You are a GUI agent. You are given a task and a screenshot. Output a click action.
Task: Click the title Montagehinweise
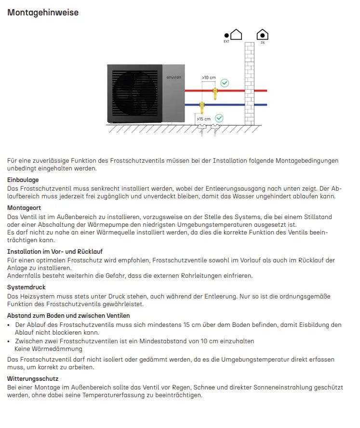[43, 13]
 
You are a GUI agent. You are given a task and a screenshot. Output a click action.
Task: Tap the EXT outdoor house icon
[236, 35]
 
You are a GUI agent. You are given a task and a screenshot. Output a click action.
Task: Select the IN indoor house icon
[262, 35]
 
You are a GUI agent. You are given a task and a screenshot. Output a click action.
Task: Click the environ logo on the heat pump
[173, 77]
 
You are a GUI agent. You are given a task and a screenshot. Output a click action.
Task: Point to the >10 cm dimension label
[209, 78]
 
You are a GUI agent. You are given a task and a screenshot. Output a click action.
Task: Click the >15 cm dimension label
[203, 118]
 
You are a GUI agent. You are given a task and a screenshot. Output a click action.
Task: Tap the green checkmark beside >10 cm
[225, 83]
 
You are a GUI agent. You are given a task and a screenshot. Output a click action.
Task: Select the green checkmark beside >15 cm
[219, 117]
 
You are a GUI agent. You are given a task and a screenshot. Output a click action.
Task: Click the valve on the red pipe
[215, 91]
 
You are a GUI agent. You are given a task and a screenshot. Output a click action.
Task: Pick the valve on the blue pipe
[201, 105]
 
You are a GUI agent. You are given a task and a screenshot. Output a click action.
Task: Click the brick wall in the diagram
[249, 84]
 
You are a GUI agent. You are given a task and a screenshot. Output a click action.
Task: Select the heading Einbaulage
[23, 180]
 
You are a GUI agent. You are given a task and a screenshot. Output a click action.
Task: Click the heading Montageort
[24, 208]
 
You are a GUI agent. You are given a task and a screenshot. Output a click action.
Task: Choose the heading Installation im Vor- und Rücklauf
[54, 251]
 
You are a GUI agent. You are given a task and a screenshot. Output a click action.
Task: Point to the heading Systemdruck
[27, 287]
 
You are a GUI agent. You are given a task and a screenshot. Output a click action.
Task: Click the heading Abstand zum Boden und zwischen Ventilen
[68, 316]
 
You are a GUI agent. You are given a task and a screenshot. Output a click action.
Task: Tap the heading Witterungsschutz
[33, 379]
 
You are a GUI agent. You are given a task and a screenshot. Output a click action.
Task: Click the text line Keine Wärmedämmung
[48, 349]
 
